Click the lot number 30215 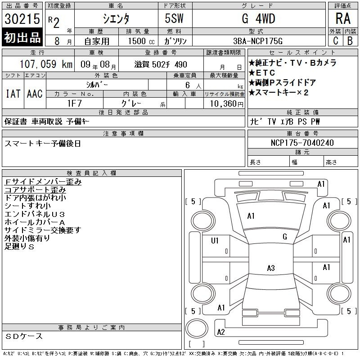[22, 19]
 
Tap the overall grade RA [343, 18]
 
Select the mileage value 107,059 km [46, 64]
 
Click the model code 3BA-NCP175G [258, 41]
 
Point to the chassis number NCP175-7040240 [302, 143]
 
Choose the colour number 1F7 [75, 103]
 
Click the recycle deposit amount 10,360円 [227, 104]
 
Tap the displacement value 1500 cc [141, 41]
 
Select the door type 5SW [174, 18]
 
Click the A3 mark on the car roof [271, 268]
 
